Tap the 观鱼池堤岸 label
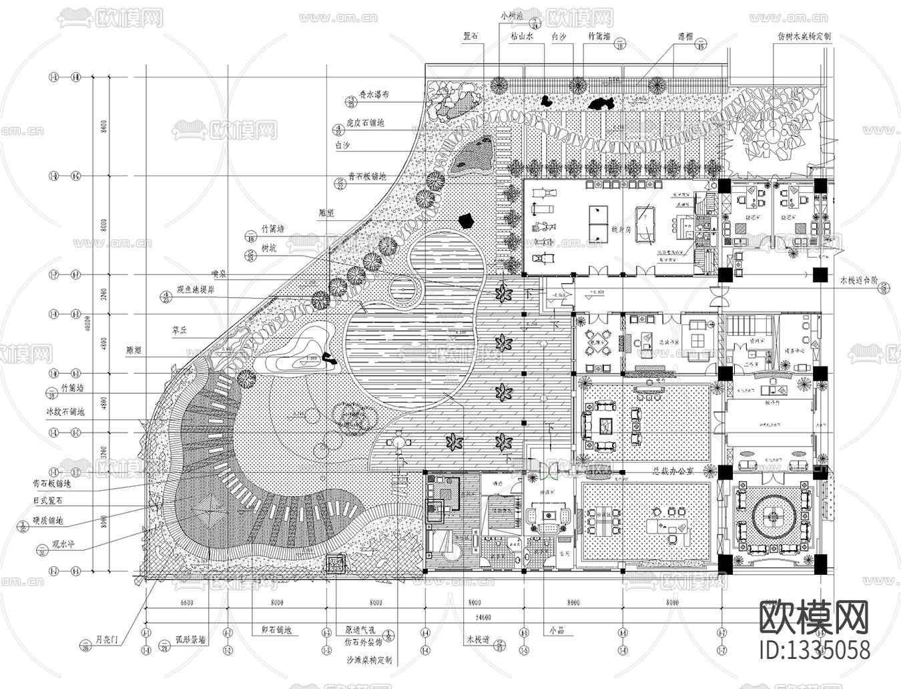(x=196, y=290)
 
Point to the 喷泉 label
(x=220, y=272)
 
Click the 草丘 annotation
(x=180, y=329)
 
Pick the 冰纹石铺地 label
(x=65, y=413)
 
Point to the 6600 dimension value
(x=186, y=602)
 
